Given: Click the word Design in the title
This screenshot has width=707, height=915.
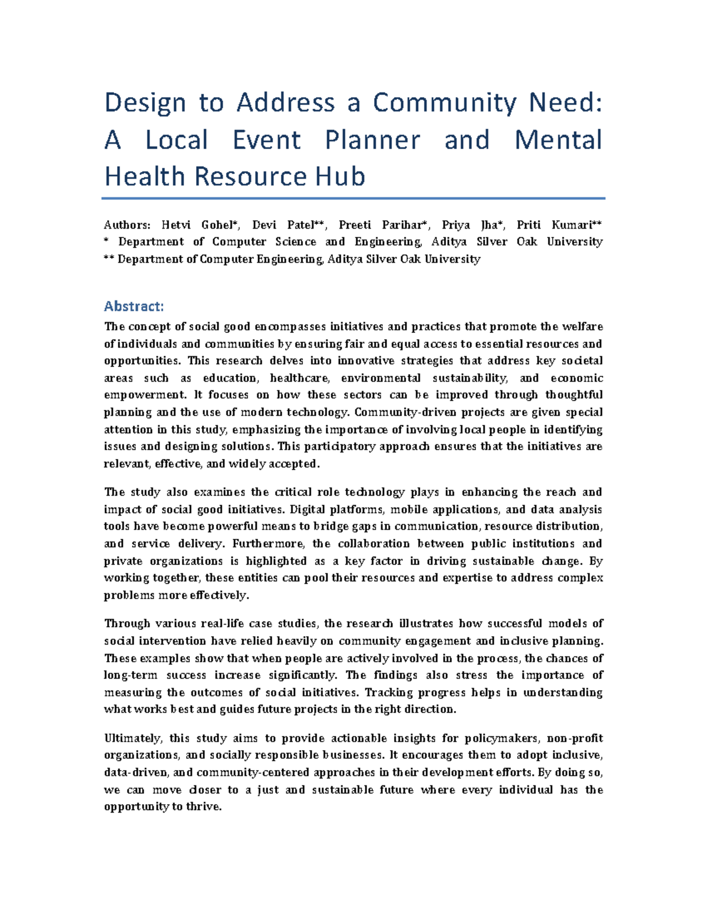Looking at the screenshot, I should coord(146,103).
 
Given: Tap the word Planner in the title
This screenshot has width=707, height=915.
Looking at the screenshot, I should coord(372,140).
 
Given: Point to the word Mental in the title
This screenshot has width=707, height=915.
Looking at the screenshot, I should coord(558,140).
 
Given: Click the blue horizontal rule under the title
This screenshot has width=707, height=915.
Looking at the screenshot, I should coord(353,199).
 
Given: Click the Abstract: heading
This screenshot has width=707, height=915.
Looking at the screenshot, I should coord(134,306).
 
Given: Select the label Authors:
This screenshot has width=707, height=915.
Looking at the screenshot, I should coord(127,225).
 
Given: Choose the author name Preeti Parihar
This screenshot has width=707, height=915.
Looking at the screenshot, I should coord(382,225).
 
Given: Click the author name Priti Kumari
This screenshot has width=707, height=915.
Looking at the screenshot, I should coord(556,225).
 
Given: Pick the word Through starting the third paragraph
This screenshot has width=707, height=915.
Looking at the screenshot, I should coord(127,624).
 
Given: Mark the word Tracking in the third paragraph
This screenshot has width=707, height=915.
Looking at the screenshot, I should coord(388,693).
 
